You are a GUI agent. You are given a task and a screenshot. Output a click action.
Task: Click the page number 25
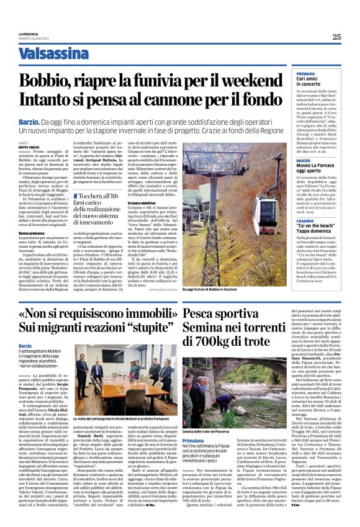pyautogui.click(x=336, y=36)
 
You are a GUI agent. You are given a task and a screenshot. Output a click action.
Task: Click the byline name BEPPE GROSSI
pyautogui.click(x=28, y=146)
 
